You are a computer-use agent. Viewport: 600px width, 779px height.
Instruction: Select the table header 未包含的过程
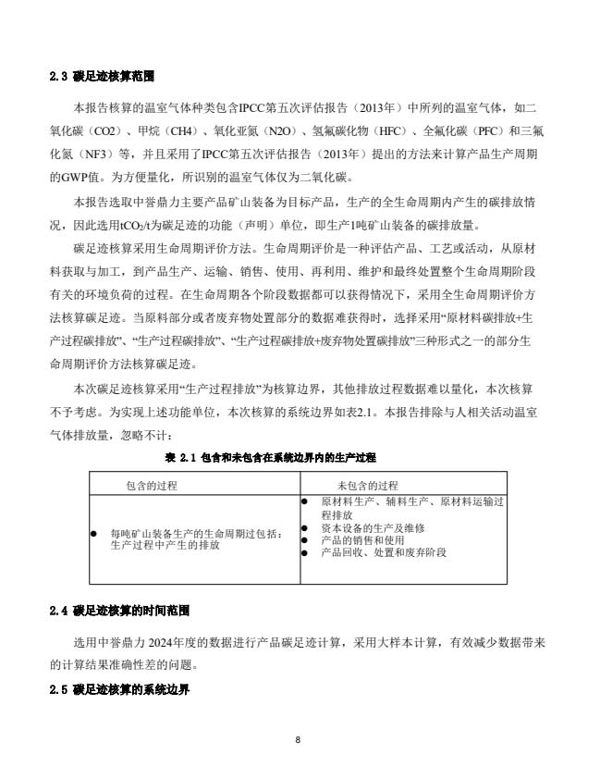click(x=367, y=485)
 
